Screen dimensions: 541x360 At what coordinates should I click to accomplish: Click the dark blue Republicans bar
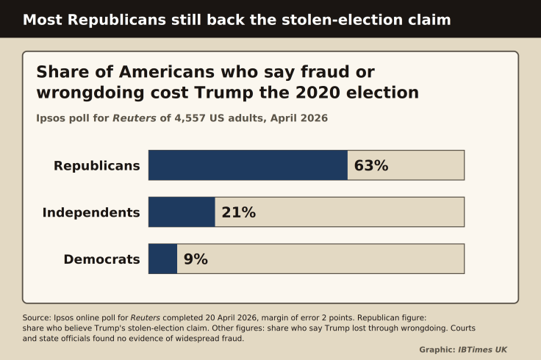point(248,165)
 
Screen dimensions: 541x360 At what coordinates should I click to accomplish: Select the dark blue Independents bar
point(182,212)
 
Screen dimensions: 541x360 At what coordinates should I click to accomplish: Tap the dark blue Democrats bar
point(163,259)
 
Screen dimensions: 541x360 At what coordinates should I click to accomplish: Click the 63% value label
point(371,165)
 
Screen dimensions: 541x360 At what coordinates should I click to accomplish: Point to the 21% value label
point(239,212)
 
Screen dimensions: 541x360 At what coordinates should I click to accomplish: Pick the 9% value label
point(196,259)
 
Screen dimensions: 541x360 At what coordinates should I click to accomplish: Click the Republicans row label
point(97,166)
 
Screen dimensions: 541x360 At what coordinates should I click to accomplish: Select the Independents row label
point(91,212)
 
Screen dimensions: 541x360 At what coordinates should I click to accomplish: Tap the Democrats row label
point(101,259)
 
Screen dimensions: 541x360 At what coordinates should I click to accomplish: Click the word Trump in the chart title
point(224,93)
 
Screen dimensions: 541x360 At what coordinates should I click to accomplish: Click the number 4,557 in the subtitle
point(190,118)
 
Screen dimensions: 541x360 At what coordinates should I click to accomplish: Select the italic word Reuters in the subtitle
point(135,118)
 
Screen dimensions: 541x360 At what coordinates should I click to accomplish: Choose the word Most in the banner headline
point(43,20)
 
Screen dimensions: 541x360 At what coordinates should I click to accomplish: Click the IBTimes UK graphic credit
point(482,350)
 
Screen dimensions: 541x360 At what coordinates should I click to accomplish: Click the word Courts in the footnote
point(463,328)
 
